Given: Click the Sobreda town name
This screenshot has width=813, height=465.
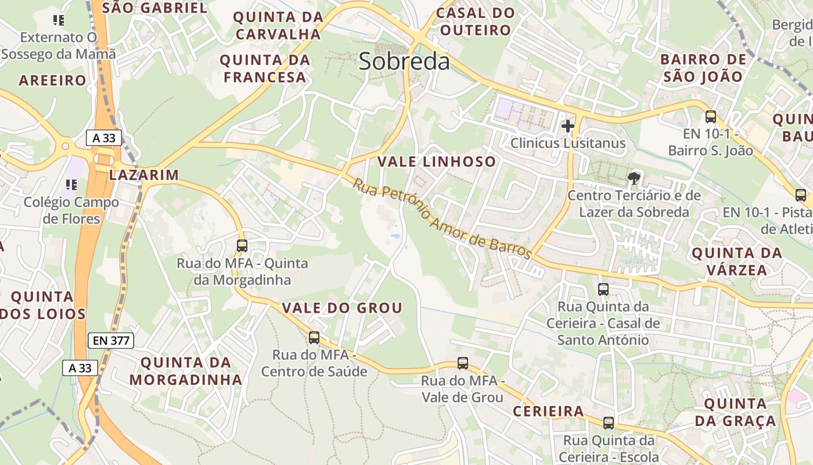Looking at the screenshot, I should tap(404, 61).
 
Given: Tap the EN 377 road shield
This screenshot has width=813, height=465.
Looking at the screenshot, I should tap(111, 341).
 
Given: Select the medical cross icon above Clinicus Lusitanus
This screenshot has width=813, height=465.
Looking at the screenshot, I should tap(568, 126).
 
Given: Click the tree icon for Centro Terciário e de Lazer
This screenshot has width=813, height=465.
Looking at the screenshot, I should tap(634, 178).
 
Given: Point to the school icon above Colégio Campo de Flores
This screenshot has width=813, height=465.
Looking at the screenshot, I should tap(71, 185).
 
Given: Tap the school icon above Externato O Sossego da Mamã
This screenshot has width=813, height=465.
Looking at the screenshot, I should tap(58, 20).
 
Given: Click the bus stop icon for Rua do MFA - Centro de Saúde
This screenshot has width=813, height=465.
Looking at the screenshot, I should tap(314, 337).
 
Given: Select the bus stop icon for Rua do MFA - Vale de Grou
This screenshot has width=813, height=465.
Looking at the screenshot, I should tap(463, 363).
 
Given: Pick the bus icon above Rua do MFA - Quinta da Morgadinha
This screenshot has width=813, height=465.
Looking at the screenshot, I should tap(242, 246).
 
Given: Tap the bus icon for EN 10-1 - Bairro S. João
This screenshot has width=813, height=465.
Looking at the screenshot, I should tap(710, 117).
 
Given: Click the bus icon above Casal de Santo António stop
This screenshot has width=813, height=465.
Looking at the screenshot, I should tap(603, 289).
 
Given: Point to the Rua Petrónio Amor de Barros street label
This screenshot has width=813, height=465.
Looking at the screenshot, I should tap(442, 219).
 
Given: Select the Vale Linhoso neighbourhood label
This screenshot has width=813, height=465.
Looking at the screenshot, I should tap(437, 162).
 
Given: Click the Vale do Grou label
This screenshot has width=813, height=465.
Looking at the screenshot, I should tap(342, 308).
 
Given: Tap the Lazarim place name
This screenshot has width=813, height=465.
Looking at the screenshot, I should tap(144, 175).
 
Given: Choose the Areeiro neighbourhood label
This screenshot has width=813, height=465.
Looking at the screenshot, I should tap(52, 80).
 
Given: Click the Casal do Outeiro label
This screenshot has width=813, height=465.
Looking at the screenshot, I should tap(475, 22).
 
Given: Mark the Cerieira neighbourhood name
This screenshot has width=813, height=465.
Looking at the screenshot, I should tap(548, 412).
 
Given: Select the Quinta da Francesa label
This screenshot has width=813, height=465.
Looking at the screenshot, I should tap(265, 69).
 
